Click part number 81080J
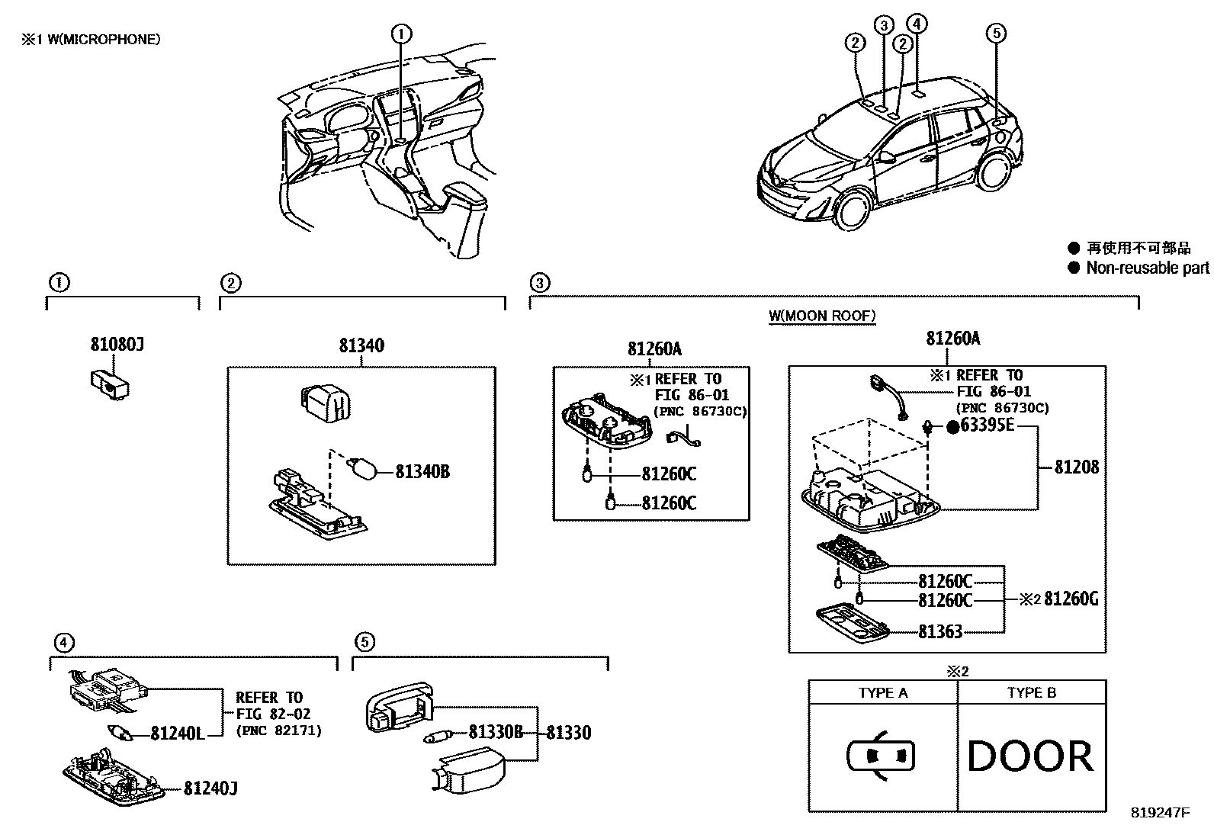tap(117, 345)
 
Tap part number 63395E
tap(988, 425)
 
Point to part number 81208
tap(1076, 467)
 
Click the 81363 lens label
tap(939, 631)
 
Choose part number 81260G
tap(1071, 599)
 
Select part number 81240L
tap(177, 734)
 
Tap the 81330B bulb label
tap(495, 733)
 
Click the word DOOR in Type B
tap(1029, 756)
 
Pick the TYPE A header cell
tap(882, 693)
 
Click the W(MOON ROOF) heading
tap(822, 316)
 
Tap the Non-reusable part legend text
tap(1147, 268)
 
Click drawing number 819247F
tap(1159, 813)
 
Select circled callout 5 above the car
tap(995, 33)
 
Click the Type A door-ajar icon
tap(881, 756)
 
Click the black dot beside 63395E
tap(953, 427)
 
